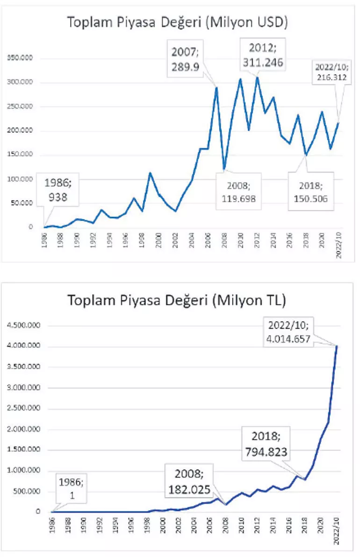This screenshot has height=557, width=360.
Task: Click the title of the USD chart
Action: tap(177, 22)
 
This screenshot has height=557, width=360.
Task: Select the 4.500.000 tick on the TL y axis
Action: tap(22, 325)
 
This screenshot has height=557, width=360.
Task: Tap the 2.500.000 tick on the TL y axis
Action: tap(22, 408)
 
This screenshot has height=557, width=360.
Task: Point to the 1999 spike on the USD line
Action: tap(151, 173)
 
